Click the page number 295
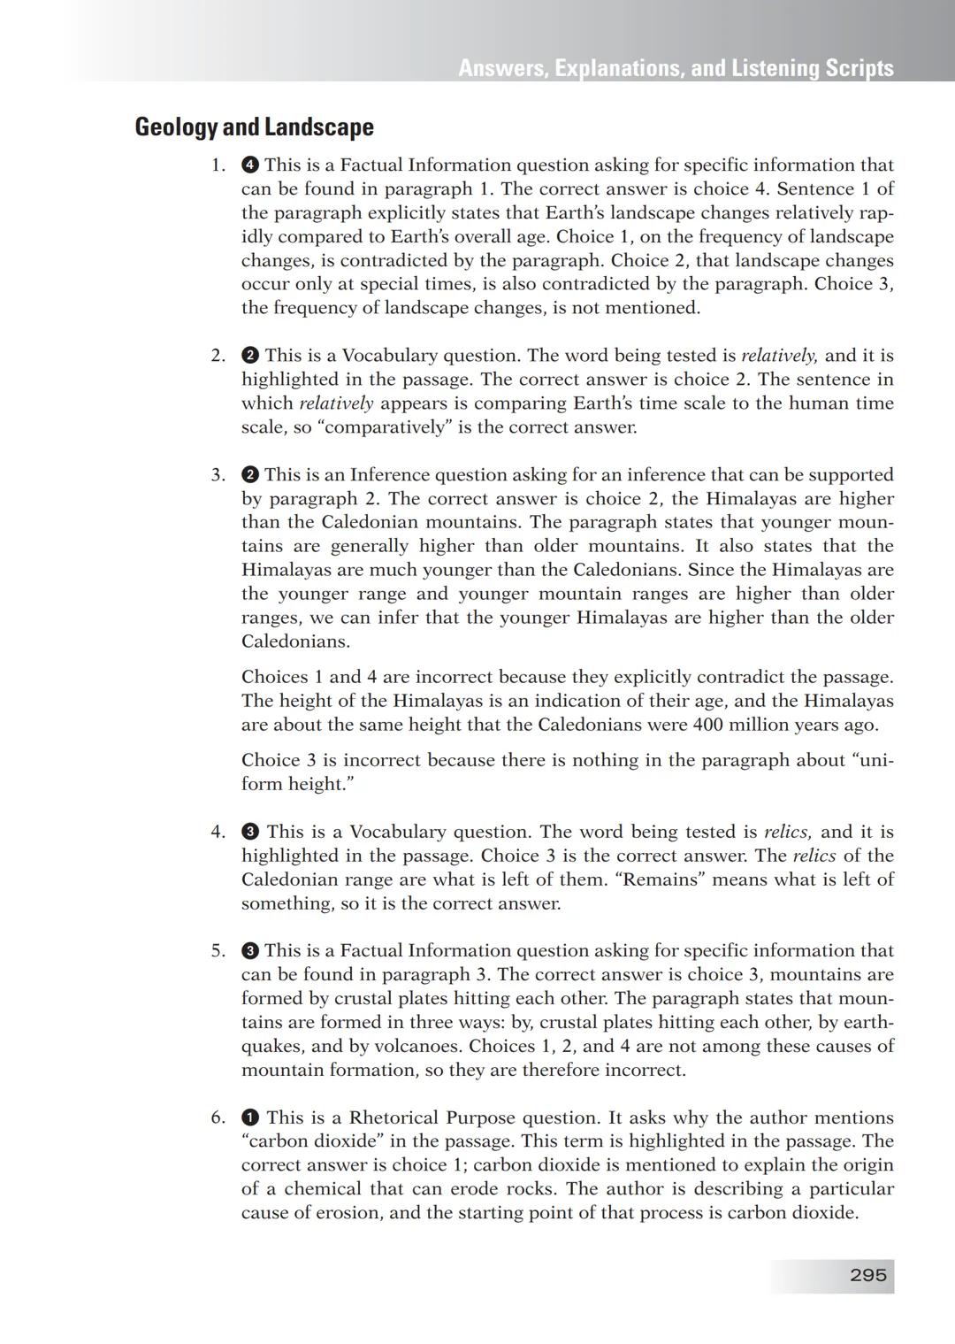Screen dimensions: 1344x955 pos(867,1275)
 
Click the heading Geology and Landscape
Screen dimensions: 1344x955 pos(254,127)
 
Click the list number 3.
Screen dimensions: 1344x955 pos(218,475)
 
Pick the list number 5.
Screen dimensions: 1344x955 pos(218,951)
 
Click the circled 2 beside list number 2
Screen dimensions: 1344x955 pos(250,356)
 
